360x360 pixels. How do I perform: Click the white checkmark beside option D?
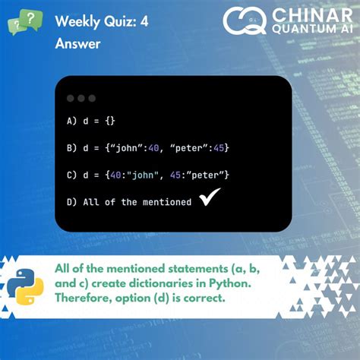[210, 200]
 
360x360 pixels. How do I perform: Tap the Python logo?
[27, 288]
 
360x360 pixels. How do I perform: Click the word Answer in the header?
[77, 44]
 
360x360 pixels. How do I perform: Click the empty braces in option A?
[109, 120]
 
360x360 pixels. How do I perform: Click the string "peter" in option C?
[197, 175]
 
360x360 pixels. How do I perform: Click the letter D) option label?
[73, 202]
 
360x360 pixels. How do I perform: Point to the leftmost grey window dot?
[71, 98]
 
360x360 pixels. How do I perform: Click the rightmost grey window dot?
[92, 98]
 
